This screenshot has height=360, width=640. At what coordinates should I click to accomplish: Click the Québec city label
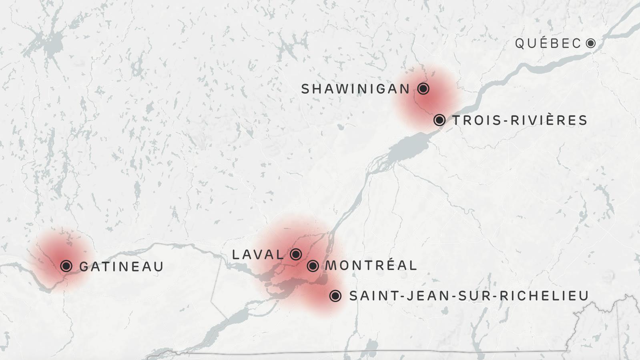point(548,43)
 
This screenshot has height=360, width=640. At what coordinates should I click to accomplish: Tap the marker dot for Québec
point(590,43)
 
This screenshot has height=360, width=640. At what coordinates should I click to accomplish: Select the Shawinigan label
point(355,89)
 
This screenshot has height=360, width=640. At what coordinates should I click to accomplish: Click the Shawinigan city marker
point(423,88)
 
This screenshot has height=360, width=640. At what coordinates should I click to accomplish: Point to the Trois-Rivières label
point(520,120)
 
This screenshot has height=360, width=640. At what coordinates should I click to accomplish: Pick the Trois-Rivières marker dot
point(439,120)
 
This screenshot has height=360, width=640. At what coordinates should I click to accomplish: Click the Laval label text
point(258,254)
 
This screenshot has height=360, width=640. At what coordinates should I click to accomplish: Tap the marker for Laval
point(296,254)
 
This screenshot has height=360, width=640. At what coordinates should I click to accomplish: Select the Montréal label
point(371,265)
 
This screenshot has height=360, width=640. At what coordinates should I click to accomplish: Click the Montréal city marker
point(313,266)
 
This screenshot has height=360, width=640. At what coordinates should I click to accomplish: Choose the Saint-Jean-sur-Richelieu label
point(469,296)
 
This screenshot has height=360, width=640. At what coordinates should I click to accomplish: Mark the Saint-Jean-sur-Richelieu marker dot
point(335,296)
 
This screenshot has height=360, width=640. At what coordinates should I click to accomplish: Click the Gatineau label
point(122,266)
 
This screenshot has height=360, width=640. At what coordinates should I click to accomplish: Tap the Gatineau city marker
point(66,266)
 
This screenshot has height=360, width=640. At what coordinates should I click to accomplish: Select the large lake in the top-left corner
point(50,42)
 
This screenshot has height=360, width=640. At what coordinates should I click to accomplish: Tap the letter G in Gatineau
point(84,266)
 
